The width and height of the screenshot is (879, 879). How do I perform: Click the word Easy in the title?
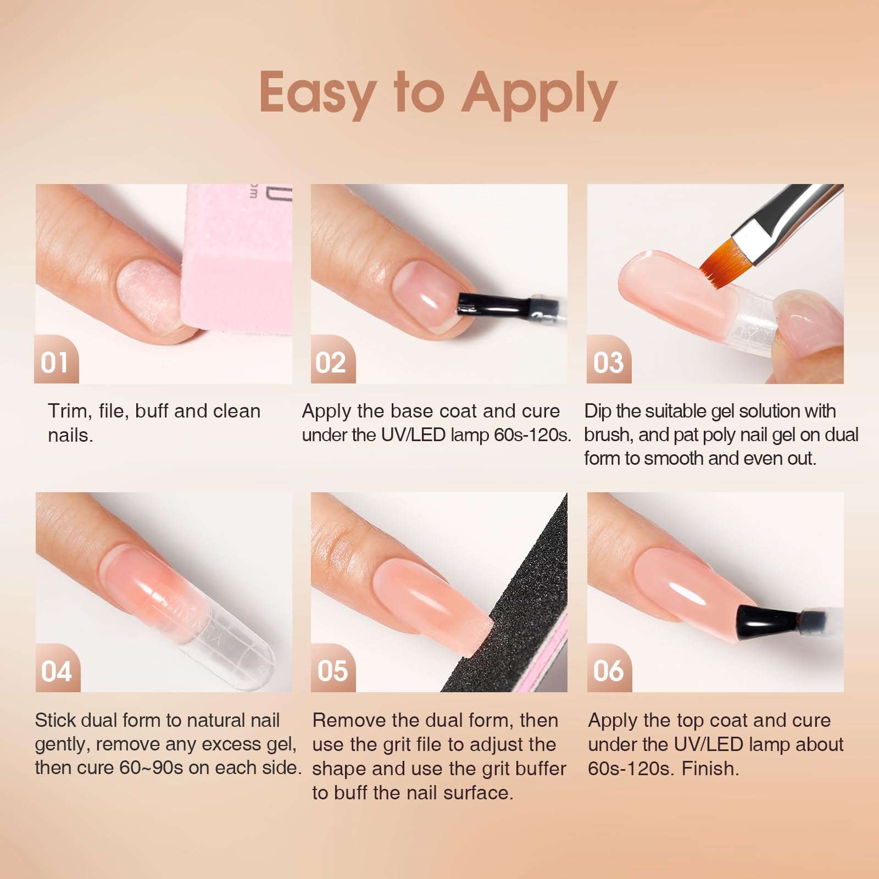[318, 93]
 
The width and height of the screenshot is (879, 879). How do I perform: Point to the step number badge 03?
[608, 363]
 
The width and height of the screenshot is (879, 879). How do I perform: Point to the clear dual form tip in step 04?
[236, 648]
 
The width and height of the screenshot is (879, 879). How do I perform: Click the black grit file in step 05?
[522, 604]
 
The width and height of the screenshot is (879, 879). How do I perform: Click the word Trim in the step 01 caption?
[68, 411]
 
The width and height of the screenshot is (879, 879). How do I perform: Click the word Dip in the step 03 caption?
[598, 411]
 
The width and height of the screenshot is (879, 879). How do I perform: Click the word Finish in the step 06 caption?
[710, 768]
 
